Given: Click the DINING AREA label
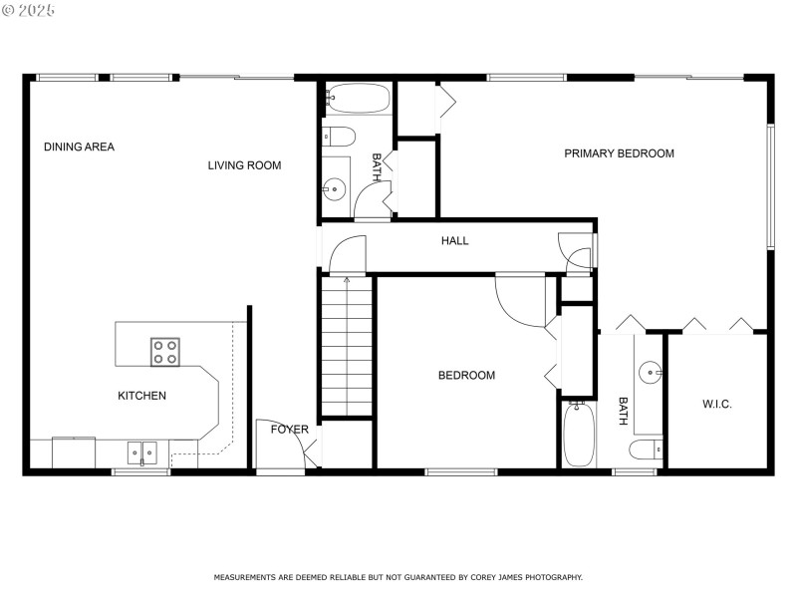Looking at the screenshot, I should point(79,148).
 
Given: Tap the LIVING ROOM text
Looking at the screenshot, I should point(244,165).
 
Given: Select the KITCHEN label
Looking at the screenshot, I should point(141,396).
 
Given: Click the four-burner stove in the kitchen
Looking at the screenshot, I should point(165,352).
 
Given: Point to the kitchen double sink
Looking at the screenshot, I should point(141,452).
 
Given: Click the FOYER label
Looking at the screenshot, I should point(290,430).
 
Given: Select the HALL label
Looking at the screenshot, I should point(454,240).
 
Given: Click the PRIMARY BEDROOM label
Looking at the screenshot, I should point(619,153).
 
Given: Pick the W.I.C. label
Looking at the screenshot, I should point(716,404).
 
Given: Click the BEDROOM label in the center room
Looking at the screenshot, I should point(466,376).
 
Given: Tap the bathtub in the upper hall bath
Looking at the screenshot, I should point(358,99).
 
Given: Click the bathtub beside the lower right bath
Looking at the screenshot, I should point(578,435).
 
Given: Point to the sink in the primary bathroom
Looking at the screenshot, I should point(652,373).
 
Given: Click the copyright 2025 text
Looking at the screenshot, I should point(29,9).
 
